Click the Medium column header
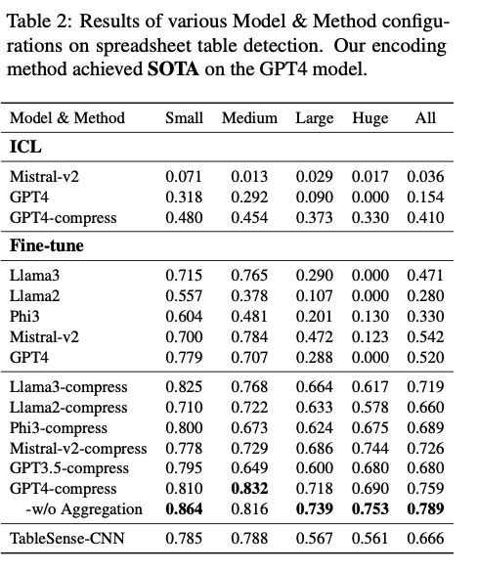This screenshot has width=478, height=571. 249,118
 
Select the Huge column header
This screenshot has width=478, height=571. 369,118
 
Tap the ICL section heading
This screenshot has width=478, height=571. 25,147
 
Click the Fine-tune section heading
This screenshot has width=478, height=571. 47,245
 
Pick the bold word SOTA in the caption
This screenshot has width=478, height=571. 173,68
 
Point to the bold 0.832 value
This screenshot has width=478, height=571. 249,488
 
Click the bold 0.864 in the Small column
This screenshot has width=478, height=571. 184,508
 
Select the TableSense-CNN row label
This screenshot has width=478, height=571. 67,538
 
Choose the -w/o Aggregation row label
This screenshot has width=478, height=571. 84,509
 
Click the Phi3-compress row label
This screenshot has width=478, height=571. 59,428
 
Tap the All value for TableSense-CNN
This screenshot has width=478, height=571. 425,538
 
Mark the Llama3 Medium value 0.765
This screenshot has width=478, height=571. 249,276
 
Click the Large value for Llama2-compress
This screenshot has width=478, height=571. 314,408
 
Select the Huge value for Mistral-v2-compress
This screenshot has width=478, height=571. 369,449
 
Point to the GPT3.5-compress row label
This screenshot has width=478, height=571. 69,468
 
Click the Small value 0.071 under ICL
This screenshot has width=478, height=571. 184,177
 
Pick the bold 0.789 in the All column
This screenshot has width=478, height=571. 425,508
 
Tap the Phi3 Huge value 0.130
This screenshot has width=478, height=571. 369,317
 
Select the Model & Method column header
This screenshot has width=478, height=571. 67,118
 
